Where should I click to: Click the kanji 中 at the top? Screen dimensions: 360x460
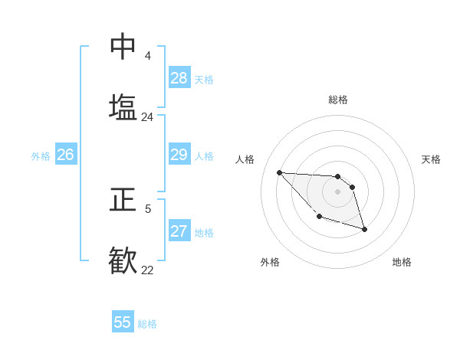point(123,47)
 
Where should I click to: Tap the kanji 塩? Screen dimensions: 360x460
point(123,106)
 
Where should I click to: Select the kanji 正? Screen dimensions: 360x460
point(123,200)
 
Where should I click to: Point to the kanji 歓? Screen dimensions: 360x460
point(123,259)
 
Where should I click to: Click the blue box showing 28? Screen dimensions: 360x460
point(179,78)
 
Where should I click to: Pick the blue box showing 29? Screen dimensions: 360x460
point(179,155)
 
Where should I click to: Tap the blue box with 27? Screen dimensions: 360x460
point(179,231)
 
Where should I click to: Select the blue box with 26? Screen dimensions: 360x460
point(65,155)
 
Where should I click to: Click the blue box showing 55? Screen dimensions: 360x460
point(123,322)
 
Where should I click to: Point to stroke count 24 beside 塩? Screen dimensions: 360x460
point(148,117)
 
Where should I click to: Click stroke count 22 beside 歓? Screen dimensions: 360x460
point(148,270)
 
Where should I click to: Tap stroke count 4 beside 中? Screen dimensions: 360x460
point(148,56)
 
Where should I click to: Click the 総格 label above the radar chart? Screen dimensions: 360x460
point(338,100)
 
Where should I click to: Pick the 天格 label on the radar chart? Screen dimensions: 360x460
point(431,159)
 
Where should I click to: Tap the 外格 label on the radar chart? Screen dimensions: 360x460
point(270,262)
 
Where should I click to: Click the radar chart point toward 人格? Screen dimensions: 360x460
point(279,172)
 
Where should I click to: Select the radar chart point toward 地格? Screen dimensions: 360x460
point(364,229)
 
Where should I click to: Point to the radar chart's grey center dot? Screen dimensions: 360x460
point(337,191)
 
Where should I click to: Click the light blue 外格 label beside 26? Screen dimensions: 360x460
point(41,156)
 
